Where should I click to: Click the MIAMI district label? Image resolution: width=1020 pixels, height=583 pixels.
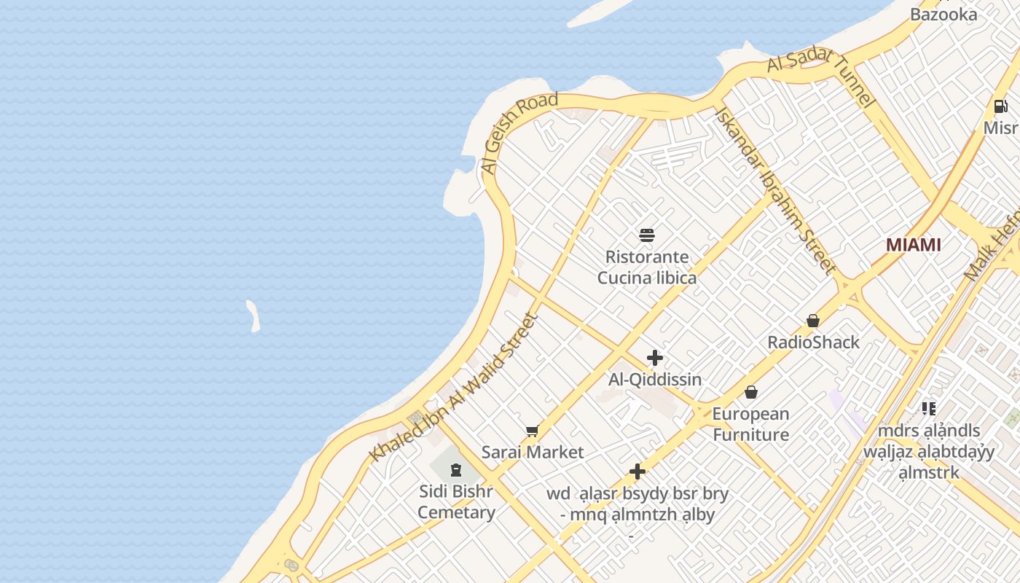coord(913,245)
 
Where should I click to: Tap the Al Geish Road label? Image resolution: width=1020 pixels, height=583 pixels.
coord(519,133)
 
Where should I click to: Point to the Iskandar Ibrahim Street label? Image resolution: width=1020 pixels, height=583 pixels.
coord(775,192)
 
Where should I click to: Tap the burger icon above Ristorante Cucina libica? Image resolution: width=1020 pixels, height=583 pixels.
coord(647,235)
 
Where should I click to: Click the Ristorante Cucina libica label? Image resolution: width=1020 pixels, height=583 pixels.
coord(647,267)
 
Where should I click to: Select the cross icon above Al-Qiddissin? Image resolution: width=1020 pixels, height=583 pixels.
coord(655,358)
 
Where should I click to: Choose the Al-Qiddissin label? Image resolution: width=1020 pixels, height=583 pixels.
coord(655,379)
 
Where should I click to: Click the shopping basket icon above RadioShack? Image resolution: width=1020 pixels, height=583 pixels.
coord(813,321)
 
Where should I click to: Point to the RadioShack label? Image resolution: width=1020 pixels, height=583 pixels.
coord(813,342)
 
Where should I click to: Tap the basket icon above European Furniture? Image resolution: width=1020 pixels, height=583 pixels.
coord(751,392)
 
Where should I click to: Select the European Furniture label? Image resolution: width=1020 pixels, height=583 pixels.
coord(750,424)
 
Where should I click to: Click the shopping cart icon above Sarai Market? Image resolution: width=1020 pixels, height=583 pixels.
coord(533,431)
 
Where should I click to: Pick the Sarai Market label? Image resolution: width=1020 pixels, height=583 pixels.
coord(533,452)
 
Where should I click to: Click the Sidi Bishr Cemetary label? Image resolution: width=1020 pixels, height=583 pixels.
coord(456,501)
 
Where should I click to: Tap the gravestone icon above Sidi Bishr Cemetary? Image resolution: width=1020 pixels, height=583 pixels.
coord(456,470)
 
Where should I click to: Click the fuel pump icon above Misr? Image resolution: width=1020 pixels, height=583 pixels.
coord(1001,106)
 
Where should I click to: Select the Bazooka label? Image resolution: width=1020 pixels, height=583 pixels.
coord(943,14)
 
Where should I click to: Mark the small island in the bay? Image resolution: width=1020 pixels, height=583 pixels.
coord(253,316)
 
